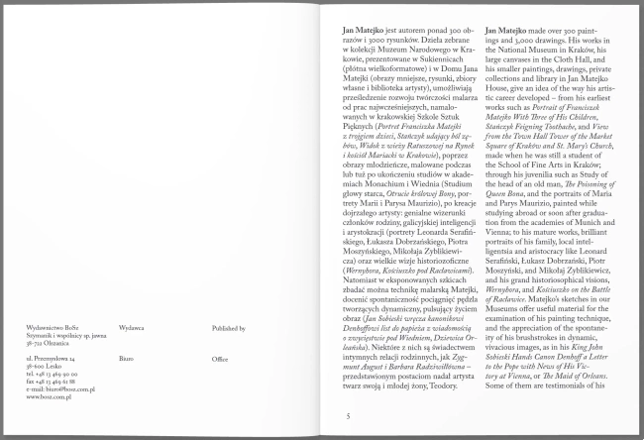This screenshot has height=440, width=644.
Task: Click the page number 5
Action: (348, 416)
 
